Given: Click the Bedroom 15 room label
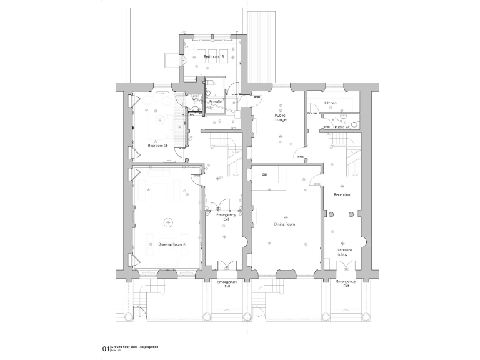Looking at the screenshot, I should pos(214,57).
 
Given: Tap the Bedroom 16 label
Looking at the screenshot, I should pos(157,146).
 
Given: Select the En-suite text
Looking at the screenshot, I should pos(216,101).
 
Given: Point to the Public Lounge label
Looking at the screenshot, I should pos(280,117).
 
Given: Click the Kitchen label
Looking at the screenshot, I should pos(331,102).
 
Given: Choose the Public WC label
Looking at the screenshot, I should pos(342,127).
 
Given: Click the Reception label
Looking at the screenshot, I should pos(342,195).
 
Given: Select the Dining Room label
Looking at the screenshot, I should pos(284,224).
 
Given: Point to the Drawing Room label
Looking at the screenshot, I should pos(170,244).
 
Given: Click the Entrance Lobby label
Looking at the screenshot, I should pos(345,252).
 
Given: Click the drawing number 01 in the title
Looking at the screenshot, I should pos(105,349).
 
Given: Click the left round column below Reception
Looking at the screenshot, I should pos(332,214).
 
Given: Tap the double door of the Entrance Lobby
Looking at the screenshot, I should pos(345,267).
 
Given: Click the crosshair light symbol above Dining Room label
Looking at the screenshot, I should pos(284,211).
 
